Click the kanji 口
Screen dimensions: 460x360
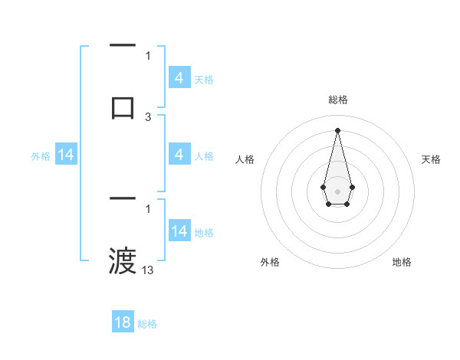point(123,107)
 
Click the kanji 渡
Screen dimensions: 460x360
point(123,261)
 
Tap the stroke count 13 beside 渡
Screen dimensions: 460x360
point(148,270)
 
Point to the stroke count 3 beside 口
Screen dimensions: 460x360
point(148,117)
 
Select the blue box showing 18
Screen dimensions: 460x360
point(123,322)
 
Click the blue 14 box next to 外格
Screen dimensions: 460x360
point(66,155)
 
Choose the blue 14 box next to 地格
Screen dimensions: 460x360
point(179,231)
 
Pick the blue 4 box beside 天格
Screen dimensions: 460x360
point(179,78)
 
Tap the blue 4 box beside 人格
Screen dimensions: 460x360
point(179,155)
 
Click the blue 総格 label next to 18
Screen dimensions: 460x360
point(147,324)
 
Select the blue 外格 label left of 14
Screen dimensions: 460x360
point(41,156)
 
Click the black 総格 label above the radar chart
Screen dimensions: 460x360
point(337,100)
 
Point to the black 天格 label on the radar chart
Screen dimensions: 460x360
point(431,159)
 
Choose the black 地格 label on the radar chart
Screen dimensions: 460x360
point(402,262)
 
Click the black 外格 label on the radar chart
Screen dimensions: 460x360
point(270,262)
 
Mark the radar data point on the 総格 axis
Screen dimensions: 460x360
point(337,129)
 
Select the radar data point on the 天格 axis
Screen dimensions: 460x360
point(352,186)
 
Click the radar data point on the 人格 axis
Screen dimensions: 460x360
point(323,186)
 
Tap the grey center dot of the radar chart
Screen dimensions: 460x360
point(337,191)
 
